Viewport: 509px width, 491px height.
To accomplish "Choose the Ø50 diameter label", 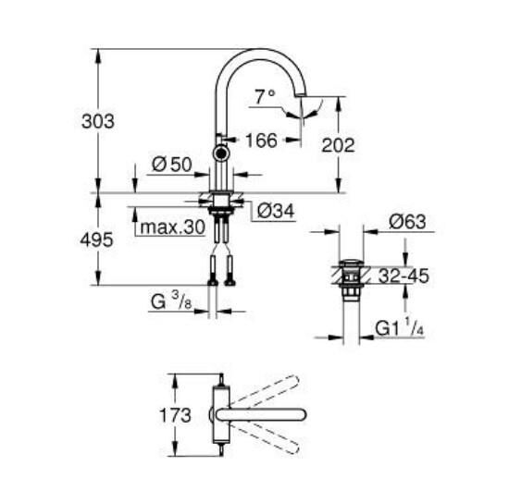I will [171, 165].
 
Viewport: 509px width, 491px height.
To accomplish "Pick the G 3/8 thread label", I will [172, 302].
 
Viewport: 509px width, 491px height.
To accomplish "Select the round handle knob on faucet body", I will [221, 154].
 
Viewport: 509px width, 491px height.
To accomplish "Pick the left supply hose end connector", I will [213, 275].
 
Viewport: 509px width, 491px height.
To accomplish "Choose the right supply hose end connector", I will [229, 275].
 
